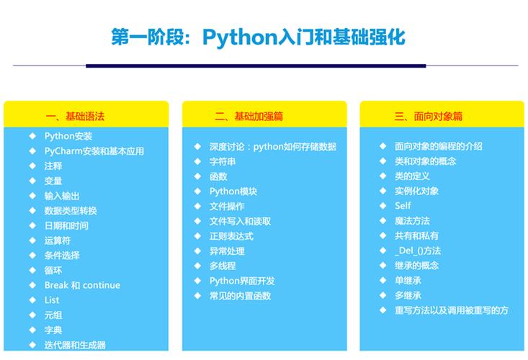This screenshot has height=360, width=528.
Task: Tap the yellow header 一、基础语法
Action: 79,116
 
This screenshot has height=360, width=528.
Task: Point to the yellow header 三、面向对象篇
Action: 428,116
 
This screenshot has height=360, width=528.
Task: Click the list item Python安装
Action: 68,136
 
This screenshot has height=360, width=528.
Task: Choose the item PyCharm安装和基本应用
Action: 94,151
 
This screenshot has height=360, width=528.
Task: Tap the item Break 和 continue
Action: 82,285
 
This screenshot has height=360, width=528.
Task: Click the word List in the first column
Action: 52,300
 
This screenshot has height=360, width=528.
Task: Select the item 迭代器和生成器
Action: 75,345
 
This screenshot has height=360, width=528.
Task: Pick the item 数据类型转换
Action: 71,211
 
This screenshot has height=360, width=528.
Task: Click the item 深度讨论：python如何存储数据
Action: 272,146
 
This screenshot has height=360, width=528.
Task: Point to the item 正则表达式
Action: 231,236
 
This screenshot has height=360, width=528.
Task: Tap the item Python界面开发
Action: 242,281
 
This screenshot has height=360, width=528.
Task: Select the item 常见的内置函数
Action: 240,296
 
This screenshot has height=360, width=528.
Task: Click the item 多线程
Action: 223,266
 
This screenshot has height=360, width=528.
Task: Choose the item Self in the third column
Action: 403,206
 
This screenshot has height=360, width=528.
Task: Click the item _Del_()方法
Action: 418,251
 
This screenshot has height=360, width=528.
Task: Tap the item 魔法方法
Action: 412,221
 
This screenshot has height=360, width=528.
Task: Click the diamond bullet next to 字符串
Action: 197,161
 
